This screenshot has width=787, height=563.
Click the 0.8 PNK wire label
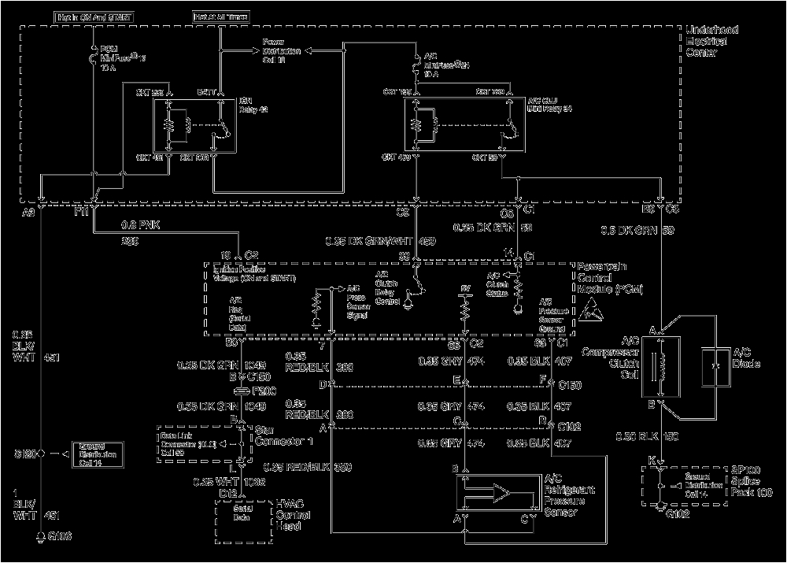click(x=139, y=224)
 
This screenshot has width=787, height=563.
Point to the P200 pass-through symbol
click(x=241, y=391)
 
